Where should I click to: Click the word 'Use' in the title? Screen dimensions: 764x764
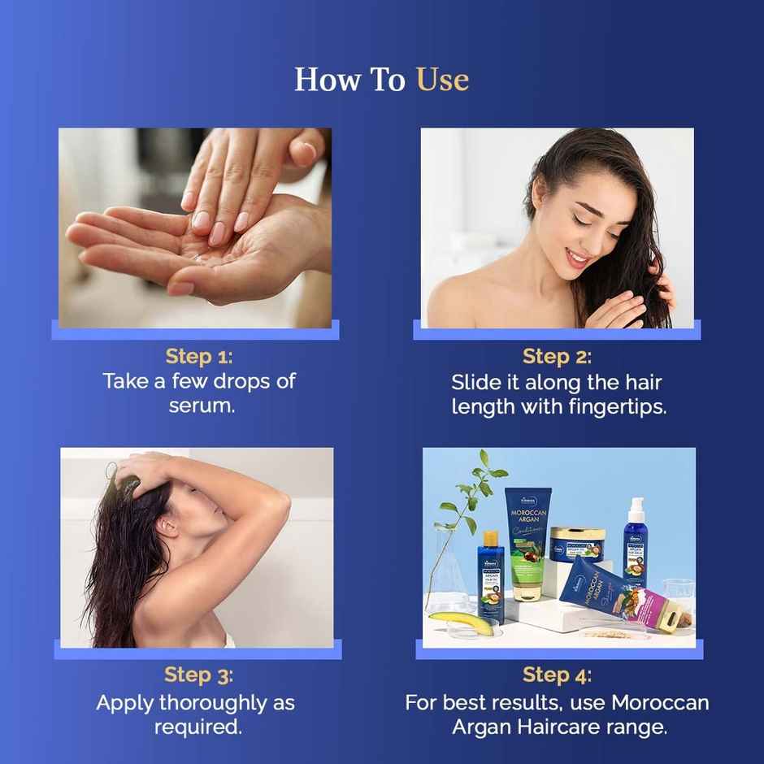pyautogui.click(x=442, y=80)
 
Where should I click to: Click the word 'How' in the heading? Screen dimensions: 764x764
pyautogui.click(x=320, y=80)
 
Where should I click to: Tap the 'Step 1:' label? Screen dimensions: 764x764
pyautogui.click(x=198, y=356)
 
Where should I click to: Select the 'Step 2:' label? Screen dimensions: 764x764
pyautogui.click(x=557, y=356)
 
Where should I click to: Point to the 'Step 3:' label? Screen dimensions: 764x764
pyautogui.click(x=198, y=675)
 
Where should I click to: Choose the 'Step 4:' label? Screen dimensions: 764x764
pyautogui.click(x=557, y=675)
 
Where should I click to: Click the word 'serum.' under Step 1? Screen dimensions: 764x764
pyautogui.click(x=202, y=405)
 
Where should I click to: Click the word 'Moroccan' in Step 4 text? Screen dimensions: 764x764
pyautogui.click(x=660, y=701)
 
